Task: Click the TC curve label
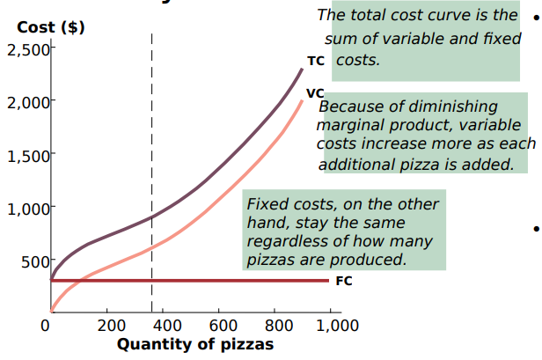click(316, 62)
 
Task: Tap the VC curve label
click(315, 93)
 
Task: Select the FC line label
click(344, 282)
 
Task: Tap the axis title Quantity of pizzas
click(194, 344)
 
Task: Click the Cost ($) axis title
click(50, 27)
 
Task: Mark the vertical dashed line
click(151, 176)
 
